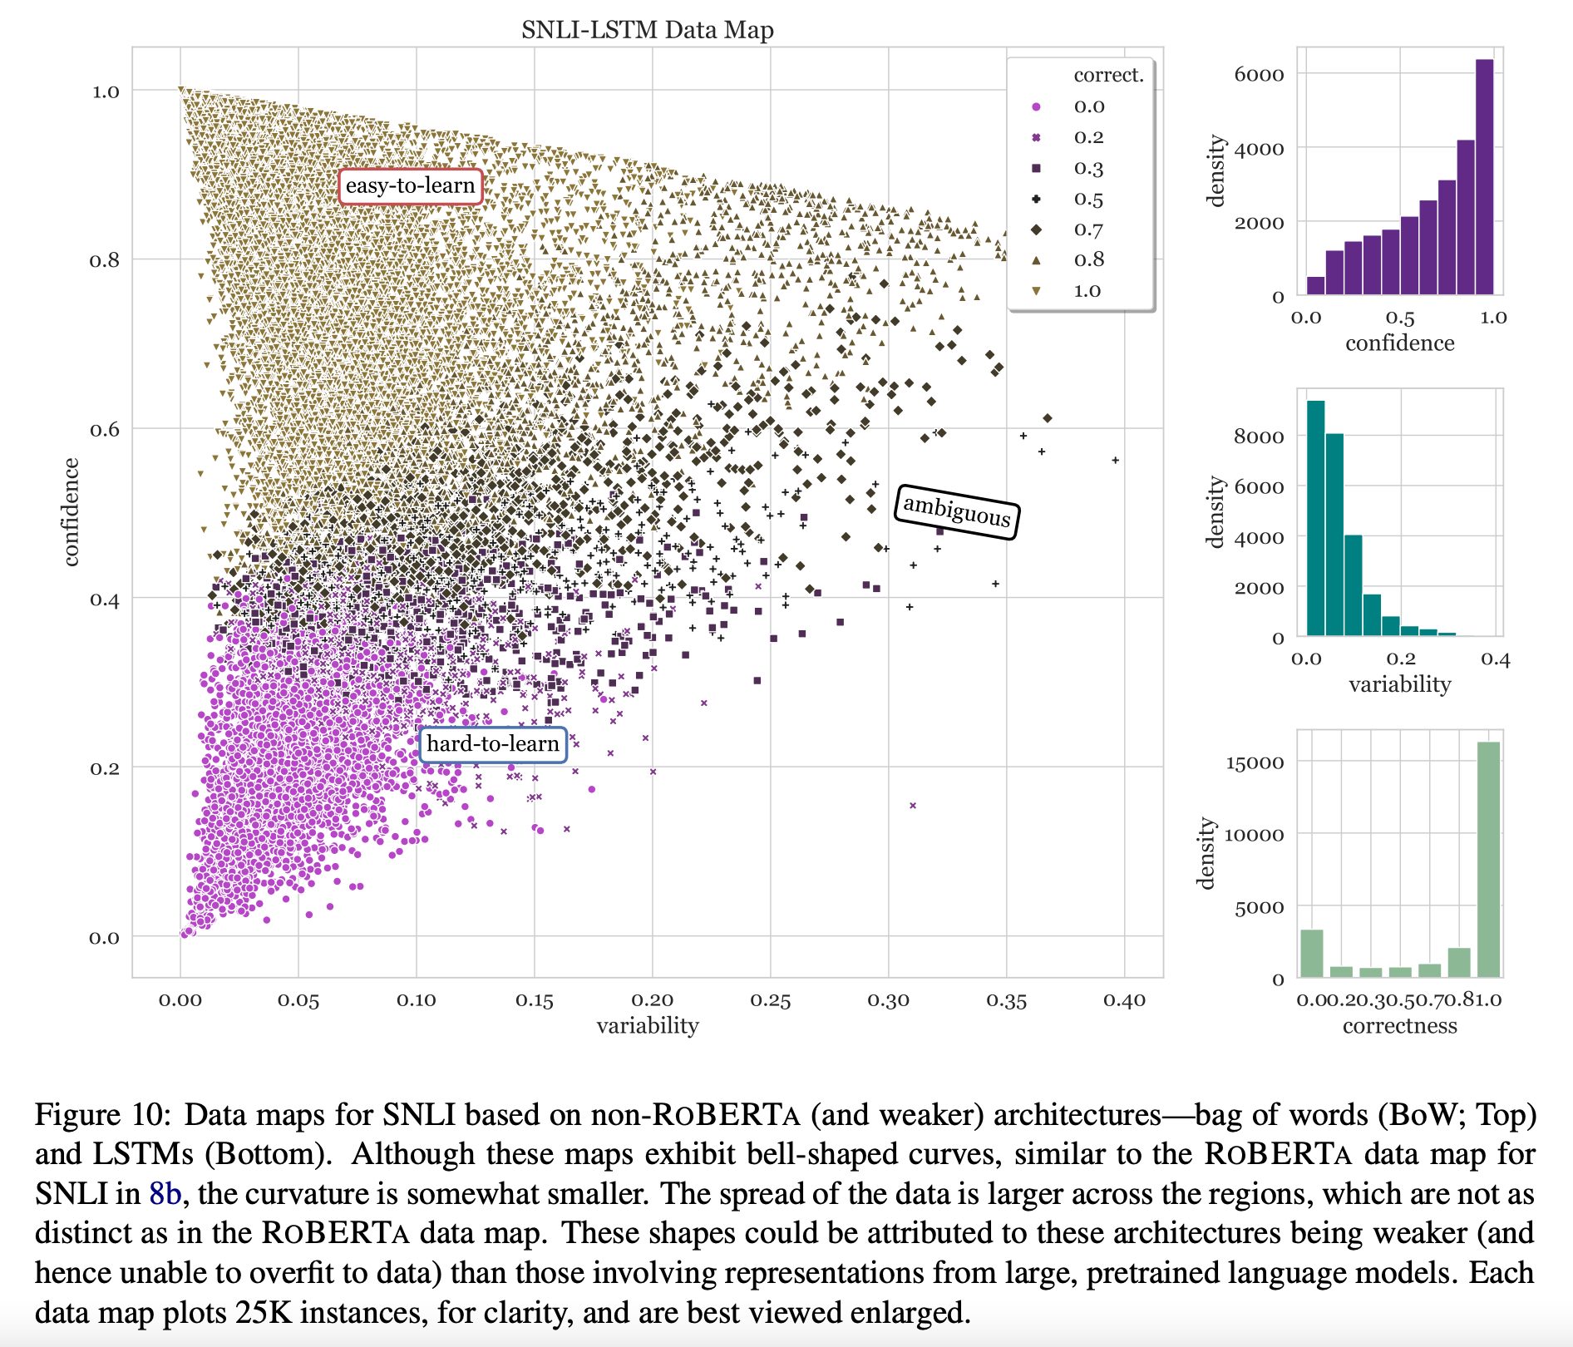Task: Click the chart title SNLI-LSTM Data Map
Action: (647, 30)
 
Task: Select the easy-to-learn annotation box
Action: (410, 185)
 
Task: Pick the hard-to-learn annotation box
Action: (492, 744)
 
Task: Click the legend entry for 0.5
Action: (1087, 199)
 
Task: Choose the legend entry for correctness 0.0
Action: (1087, 106)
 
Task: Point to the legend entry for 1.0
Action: (1087, 291)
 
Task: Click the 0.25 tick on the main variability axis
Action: (770, 1000)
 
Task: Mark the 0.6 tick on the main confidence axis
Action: (105, 429)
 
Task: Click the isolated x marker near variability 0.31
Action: (913, 805)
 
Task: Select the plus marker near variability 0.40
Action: (1115, 460)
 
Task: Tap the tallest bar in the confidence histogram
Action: (1484, 176)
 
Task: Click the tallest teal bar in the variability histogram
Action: (1315, 518)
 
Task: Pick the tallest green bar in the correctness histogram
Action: (1488, 859)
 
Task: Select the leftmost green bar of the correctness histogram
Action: (1311, 953)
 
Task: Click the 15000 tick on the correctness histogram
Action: (1255, 762)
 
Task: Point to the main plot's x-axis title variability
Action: (647, 1025)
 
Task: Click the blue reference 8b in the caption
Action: (165, 1194)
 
